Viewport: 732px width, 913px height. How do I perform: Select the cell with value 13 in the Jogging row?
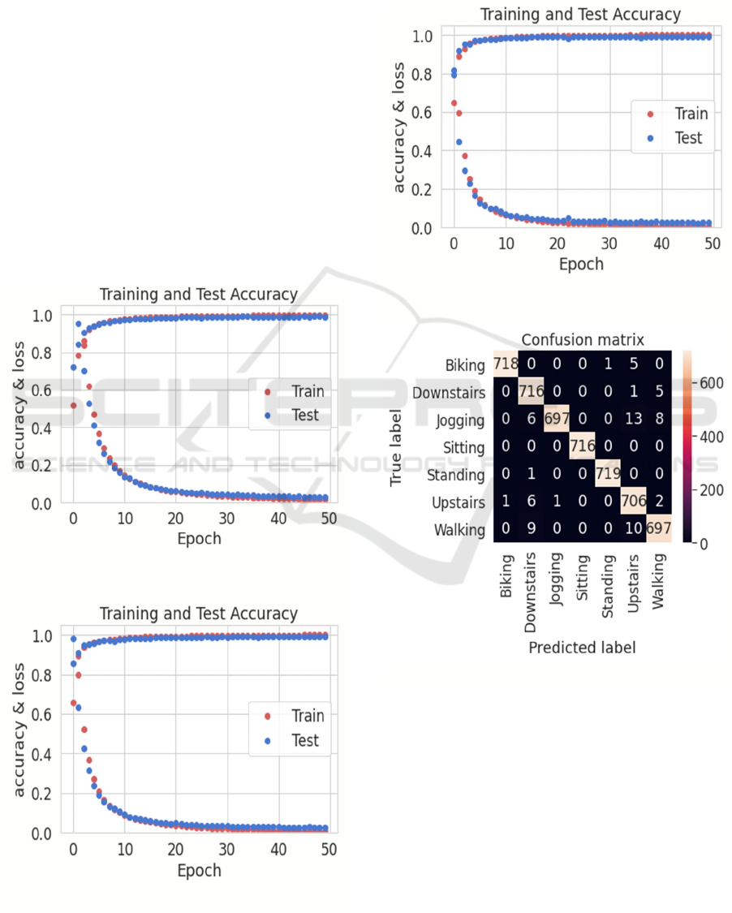(x=633, y=420)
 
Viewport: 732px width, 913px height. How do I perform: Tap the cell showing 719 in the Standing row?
(x=608, y=475)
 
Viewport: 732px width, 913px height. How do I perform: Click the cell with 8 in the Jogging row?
(x=658, y=420)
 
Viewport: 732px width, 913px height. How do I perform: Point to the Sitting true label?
(x=463, y=448)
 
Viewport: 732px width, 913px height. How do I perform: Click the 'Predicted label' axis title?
(x=582, y=648)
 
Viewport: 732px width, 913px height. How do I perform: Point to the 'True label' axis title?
(x=397, y=447)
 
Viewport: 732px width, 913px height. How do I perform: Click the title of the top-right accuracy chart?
(x=579, y=15)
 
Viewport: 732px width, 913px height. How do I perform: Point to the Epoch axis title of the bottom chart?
(x=199, y=870)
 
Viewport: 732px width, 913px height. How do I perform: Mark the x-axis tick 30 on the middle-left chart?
(x=226, y=519)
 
